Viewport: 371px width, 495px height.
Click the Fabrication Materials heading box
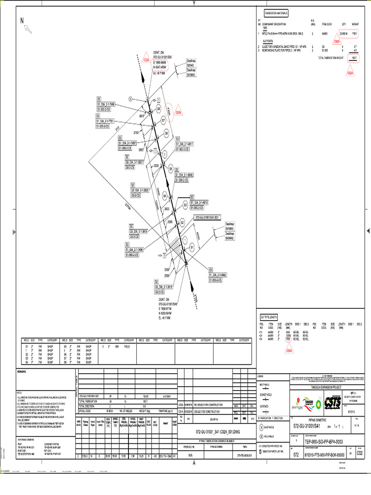(276, 13)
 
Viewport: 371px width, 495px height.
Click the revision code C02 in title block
(359, 453)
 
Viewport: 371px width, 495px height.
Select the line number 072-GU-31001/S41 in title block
(311, 426)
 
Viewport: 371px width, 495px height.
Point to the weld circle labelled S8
(159, 109)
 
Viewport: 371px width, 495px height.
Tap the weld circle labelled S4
(165, 196)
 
